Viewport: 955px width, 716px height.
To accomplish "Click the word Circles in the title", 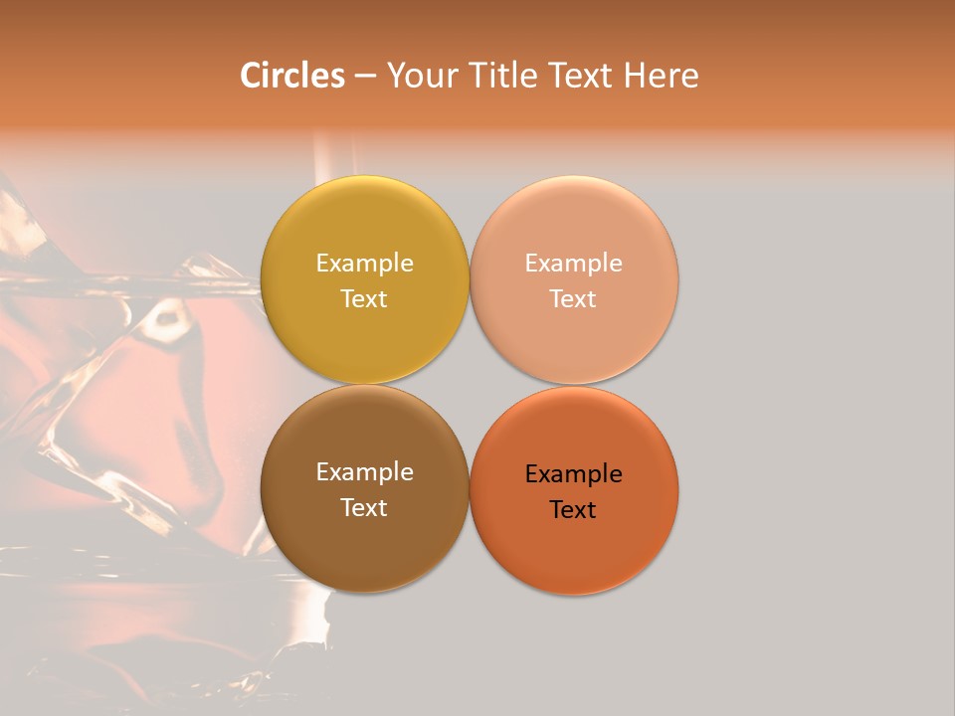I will [291, 76].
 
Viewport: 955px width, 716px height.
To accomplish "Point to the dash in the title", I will [365, 77].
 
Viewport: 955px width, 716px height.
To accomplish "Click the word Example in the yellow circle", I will [364, 264].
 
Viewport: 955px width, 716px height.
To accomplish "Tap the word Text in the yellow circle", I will [364, 298].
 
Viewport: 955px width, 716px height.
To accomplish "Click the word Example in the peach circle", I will [574, 264].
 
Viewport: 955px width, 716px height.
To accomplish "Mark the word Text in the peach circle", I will [574, 298].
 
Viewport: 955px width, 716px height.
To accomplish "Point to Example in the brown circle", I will [364, 472].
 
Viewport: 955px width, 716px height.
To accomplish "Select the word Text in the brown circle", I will [364, 507].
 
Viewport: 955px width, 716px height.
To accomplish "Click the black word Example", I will [574, 474].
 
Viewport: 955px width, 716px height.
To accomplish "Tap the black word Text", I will [574, 509].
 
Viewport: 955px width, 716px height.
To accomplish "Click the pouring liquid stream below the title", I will [323, 159].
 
